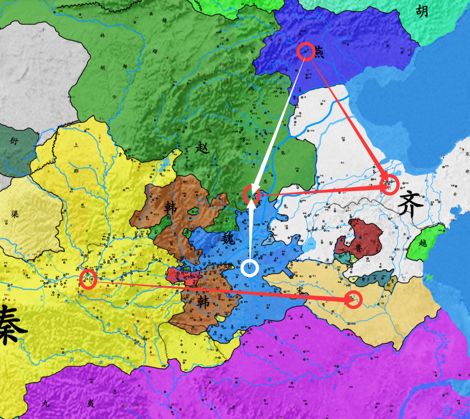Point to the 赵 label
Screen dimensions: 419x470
pyautogui.click(x=202, y=149)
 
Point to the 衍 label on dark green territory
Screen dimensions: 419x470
pyautogui.click(x=14, y=140)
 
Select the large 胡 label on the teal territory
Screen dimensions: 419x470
pyautogui.click(x=421, y=11)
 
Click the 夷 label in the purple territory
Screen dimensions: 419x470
pyautogui.click(x=91, y=403)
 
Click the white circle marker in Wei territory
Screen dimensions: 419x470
pyautogui.click(x=250, y=268)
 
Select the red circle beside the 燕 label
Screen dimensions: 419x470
pyautogui.click(x=306, y=51)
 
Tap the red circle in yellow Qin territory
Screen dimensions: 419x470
pyautogui.click(x=88, y=279)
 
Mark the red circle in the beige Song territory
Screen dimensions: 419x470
pyautogui.click(x=354, y=299)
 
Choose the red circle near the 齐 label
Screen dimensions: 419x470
pyautogui.click(x=389, y=185)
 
